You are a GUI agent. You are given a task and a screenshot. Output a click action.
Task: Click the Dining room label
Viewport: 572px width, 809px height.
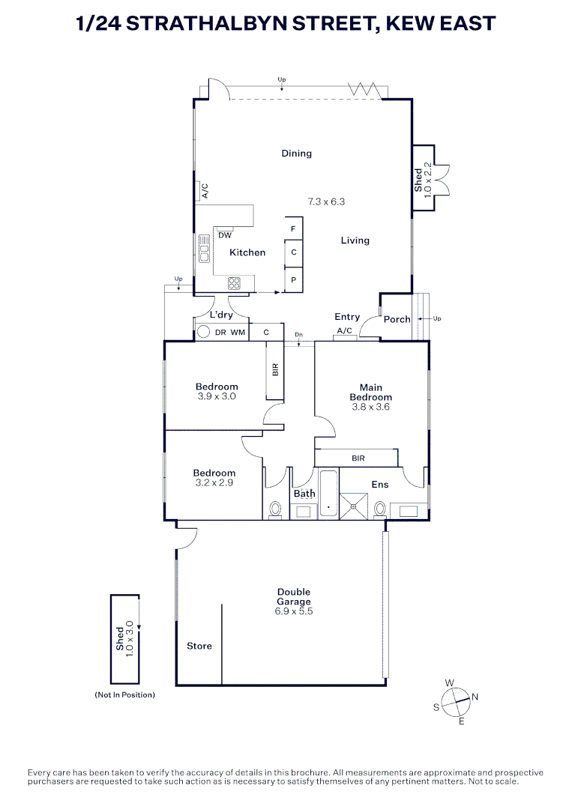(x=296, y=154)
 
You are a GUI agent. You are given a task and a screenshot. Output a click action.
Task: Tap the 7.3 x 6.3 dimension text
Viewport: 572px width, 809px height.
(x=326, y=202)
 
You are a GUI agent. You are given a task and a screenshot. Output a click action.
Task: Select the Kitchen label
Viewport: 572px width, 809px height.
(x=247, y=252)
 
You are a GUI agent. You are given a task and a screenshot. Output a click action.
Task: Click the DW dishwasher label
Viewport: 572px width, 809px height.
(x=224, y=235)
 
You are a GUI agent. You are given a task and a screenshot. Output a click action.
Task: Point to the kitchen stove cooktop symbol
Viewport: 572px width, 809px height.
(x=234, y=283)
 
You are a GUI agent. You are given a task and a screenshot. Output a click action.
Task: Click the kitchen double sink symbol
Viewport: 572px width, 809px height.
(x=203, y=248)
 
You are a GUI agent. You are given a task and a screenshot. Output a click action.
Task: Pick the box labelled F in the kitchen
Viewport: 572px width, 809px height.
(x=293, y=228)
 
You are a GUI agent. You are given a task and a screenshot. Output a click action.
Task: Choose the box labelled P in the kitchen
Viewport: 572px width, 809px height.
(x=293, y=279)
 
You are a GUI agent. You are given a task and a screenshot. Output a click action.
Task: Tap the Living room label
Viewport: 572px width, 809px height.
(x=355, y=240)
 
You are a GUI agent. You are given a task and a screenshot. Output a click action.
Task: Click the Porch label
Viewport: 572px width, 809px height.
(x=397, y=319)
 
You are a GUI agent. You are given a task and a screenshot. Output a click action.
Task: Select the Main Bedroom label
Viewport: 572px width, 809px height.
(x=370, y=393)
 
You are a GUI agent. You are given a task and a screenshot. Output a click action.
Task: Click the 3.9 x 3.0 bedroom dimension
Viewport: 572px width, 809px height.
(x=217, y=396)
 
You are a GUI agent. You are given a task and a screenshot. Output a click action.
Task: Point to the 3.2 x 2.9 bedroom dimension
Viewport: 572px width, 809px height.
(x=214, y=482)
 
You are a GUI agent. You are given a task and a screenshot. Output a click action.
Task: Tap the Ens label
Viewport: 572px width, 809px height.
(x=380, y=485)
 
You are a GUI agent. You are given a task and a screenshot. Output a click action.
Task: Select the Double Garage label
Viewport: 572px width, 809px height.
(x=292, y=596)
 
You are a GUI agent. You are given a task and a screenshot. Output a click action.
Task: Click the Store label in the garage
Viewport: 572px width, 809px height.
(x=199, y=646)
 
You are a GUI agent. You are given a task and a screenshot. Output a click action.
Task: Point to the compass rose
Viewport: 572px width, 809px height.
(x=455, y=701)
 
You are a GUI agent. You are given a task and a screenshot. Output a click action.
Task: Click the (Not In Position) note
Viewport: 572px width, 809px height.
(x=124, y=695)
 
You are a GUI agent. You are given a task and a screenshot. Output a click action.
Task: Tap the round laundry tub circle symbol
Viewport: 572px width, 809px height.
(x=202, y=332)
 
